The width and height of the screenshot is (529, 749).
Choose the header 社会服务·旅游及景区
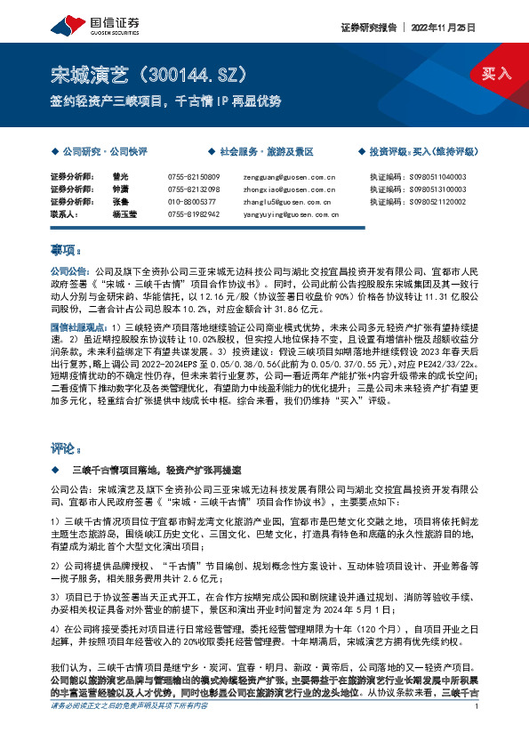267,152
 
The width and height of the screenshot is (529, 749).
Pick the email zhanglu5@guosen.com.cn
282,202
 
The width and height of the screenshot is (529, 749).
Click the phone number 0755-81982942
193,214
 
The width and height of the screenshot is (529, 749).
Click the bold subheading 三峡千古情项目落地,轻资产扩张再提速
158,468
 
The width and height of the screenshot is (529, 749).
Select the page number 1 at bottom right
477,731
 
